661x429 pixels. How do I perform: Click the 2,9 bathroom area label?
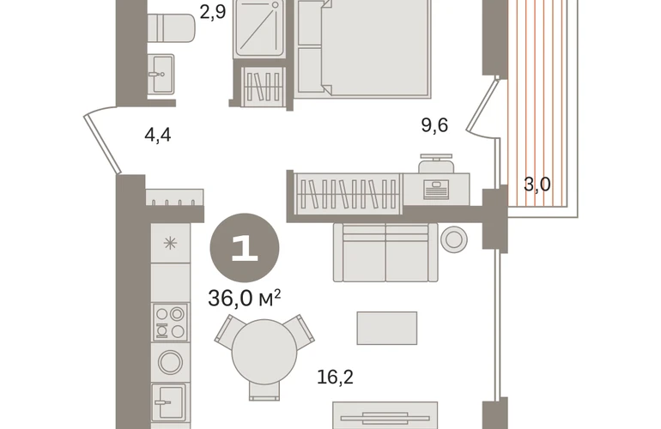[213, 11]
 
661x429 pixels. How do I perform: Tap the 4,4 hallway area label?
[158, 136]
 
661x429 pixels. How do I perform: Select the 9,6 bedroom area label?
[434, 125]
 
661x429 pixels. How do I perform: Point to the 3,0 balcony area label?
[537, 184]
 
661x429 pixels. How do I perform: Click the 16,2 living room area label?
[335, 377]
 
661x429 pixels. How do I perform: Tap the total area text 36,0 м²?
[245, 299]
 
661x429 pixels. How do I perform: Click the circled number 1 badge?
[245, 248]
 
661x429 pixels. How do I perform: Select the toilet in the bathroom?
[171, 27]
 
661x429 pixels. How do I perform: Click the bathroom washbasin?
[161, 74]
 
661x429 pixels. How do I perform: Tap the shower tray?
[259, 28]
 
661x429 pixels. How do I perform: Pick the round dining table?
[264, 352]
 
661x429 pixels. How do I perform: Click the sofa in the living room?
[385, 252]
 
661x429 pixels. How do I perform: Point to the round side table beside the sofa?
[454, 239]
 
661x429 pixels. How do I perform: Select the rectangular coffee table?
[387, 329]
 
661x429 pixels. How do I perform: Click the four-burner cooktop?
[170, 323]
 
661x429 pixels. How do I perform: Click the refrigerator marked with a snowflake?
[170, 243]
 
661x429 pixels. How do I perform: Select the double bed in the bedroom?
[363, 49]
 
